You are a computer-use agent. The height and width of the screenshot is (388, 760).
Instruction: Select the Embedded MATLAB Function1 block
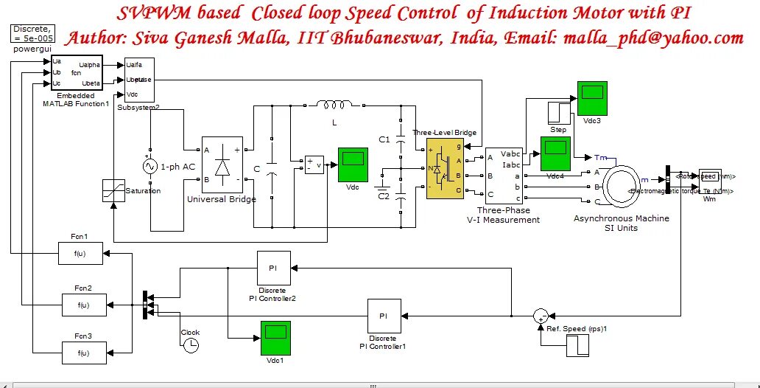[77, 73]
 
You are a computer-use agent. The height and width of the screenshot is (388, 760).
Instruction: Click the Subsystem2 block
[138, 80]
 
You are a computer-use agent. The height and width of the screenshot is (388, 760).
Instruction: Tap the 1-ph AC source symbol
[151, 167]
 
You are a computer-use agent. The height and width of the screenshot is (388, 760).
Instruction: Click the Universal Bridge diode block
[222, 164]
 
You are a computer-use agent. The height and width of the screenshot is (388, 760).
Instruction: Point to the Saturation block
[113, 191]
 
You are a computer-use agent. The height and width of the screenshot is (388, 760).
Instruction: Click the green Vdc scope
[353, 164]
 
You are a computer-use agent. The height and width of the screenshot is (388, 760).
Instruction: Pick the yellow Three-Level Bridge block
[446, 167]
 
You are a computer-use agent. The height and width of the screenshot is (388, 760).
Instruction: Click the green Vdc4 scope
[555, 154]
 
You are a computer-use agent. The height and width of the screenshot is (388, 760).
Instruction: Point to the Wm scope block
[709, 177]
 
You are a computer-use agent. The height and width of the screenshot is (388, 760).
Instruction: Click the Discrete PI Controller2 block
[272, 267]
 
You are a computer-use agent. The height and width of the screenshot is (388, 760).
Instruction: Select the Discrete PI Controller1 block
[384, 315]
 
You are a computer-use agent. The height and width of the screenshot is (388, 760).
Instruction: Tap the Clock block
[191, 344]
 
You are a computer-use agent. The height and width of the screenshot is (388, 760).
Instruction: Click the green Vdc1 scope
[275, 337]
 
